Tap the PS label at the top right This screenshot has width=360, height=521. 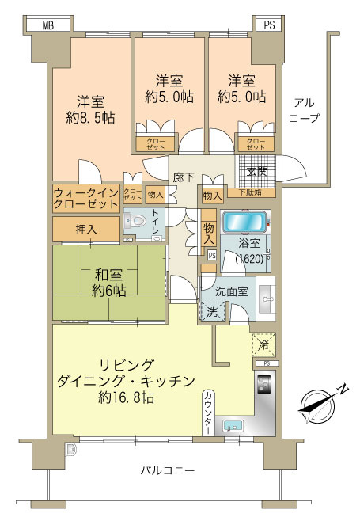pyautogui.click(x=270, y=25)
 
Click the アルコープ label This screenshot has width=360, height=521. pyautogui.click(x=305, y=110)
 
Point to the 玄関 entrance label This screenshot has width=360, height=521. pyautogui.click(x=256, y=170)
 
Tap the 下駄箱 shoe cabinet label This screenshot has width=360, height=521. pyautogui.click(x=250, y=192)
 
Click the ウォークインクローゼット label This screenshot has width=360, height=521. pyautogui.click(x=86, y=198)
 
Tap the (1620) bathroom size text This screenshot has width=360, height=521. pyautogui.click(x=249, y=258)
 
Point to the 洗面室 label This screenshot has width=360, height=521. pyautogui.click(x=234, y=290)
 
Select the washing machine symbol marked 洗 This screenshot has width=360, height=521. pyautogui.click(x=212, y=311)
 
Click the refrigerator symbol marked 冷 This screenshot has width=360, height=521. pyautogui.click(x=264, y=345)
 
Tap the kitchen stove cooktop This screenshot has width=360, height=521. pyautogui.click(x=263, y=386)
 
